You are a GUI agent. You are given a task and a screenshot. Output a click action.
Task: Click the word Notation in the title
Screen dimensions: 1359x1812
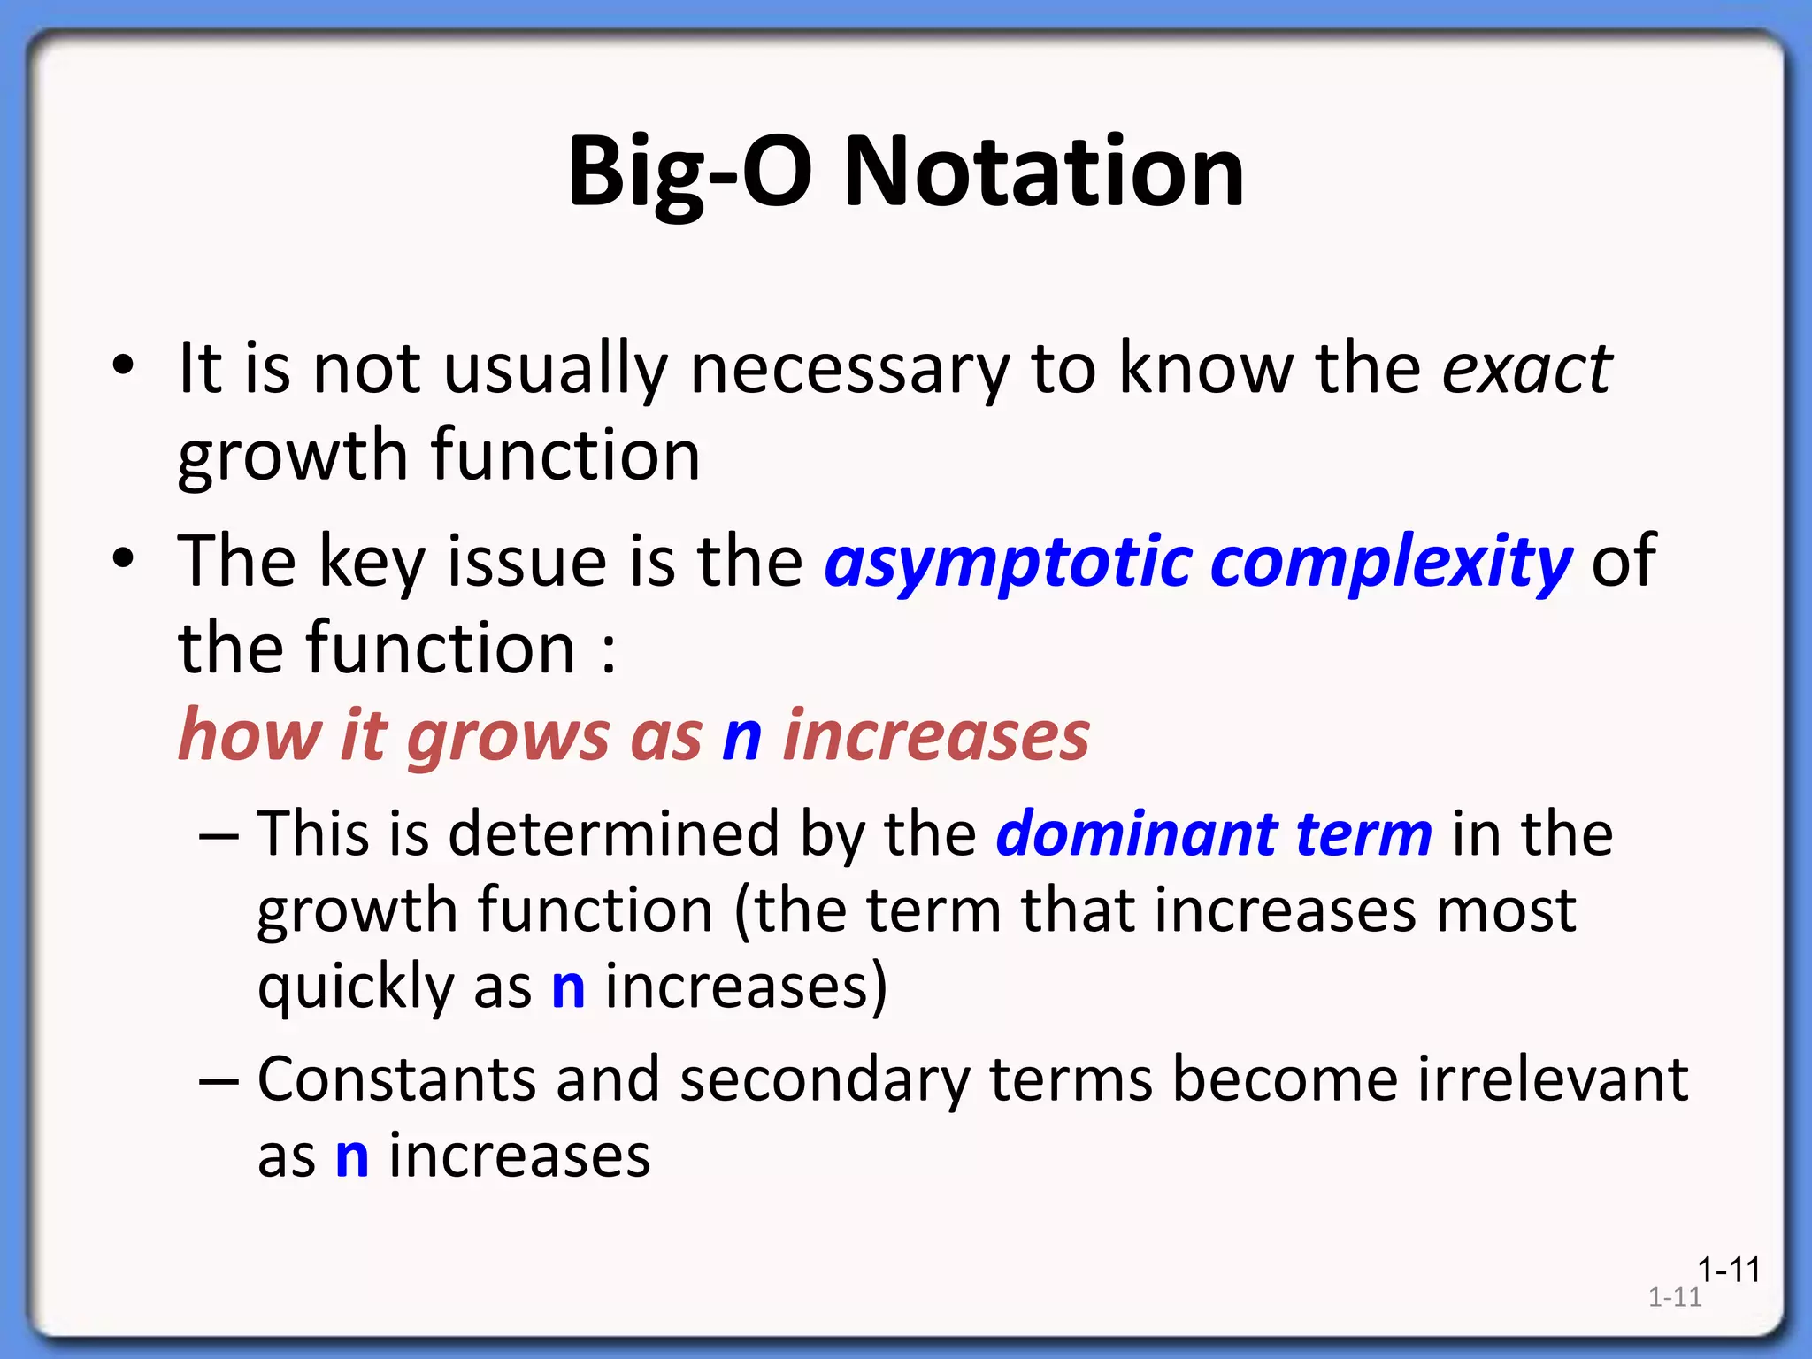pyautogui.click(x=1044, y=173)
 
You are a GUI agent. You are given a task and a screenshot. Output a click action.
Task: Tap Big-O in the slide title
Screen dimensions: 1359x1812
pyautogui.click(x=688, y=173)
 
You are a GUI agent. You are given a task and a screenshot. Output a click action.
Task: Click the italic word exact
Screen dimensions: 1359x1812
pyautogui.click(x=1527, y=369)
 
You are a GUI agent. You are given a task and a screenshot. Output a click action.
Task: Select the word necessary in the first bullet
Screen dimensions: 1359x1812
pyautogui.click(x=849, y=371)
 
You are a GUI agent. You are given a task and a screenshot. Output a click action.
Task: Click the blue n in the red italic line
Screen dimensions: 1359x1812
pyautogui.click(x=742, y=737)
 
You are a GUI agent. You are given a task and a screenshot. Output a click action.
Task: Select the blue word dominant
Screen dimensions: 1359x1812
pyautogui.click(x=1136, y=834)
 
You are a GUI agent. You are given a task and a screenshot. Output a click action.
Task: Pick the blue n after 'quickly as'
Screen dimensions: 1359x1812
pyautogui.click(x=568, y=988)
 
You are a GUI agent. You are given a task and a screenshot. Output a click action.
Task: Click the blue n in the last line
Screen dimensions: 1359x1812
pyautogui.click(x=352, y=1156)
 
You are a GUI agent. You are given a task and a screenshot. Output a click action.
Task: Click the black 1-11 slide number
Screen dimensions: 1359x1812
pyautogui.click(x=1728, y=1271)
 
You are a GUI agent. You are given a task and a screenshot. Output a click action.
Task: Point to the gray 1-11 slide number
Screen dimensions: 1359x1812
pyautogui.click(x=1675, y=1298)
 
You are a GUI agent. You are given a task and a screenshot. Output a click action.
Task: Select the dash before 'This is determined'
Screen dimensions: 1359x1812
pyautogui.click(x=219, y=834)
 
